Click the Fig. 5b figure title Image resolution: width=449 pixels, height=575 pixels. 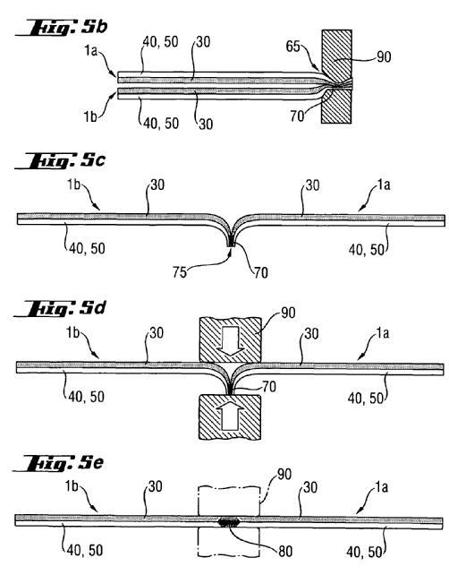point(62,29)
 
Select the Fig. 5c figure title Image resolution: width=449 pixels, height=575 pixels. point(60,161)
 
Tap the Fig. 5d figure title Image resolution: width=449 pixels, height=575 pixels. point(59,309)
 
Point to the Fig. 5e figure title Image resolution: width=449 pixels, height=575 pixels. point(58,464)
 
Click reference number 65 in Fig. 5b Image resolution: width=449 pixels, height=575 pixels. point(293,47)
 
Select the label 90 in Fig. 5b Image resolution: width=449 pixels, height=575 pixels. point(384,56)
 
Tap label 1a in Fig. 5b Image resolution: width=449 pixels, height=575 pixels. point(90,50)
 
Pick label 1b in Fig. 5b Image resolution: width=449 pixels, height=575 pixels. point(90,116)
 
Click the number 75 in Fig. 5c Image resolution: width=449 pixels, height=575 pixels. point(180,272)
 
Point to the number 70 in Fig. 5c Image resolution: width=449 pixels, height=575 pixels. point(261,273)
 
